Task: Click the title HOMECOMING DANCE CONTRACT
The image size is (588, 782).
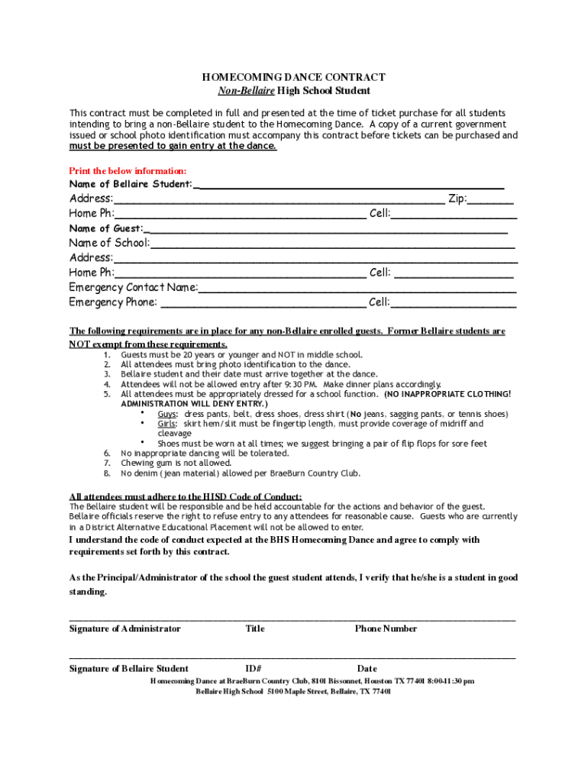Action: pyautogui.click(x=293, y=77)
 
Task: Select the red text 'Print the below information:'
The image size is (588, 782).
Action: pyautogui.click(x=128, y=171)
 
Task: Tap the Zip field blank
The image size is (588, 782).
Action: pyautogui.click(x=491, y=201)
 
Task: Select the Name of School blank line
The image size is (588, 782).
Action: pyautogui.click(x=332, y=244)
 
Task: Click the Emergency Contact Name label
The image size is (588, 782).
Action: pyautogui.click(x=134, y=288)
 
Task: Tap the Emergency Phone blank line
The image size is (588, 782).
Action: pyautogui.click(x=263, y=303)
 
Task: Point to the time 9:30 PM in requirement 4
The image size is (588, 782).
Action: pyautogui.click(x=301, y=384)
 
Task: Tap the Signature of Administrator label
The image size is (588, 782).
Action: pyautogui.click(x=125, y=629)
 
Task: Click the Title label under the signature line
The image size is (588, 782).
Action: pyautogui.click(x=255, y=629)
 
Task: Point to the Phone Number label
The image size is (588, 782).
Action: pyautogui.click(x=386, y=629)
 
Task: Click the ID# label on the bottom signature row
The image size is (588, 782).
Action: pyautogui.click(x=254, y=669)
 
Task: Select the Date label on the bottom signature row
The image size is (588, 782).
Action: pyautogui.click(x=367, y=669)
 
